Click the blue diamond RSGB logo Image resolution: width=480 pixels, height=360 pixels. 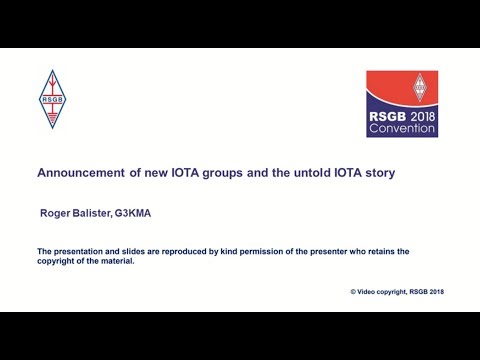click(50, 99)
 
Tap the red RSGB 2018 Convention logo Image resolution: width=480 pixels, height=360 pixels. click(402, 104)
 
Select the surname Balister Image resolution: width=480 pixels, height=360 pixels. click(94, 213)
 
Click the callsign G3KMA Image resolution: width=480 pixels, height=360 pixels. click(136, 213)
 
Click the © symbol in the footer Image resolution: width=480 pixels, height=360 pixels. click(353, 291)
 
